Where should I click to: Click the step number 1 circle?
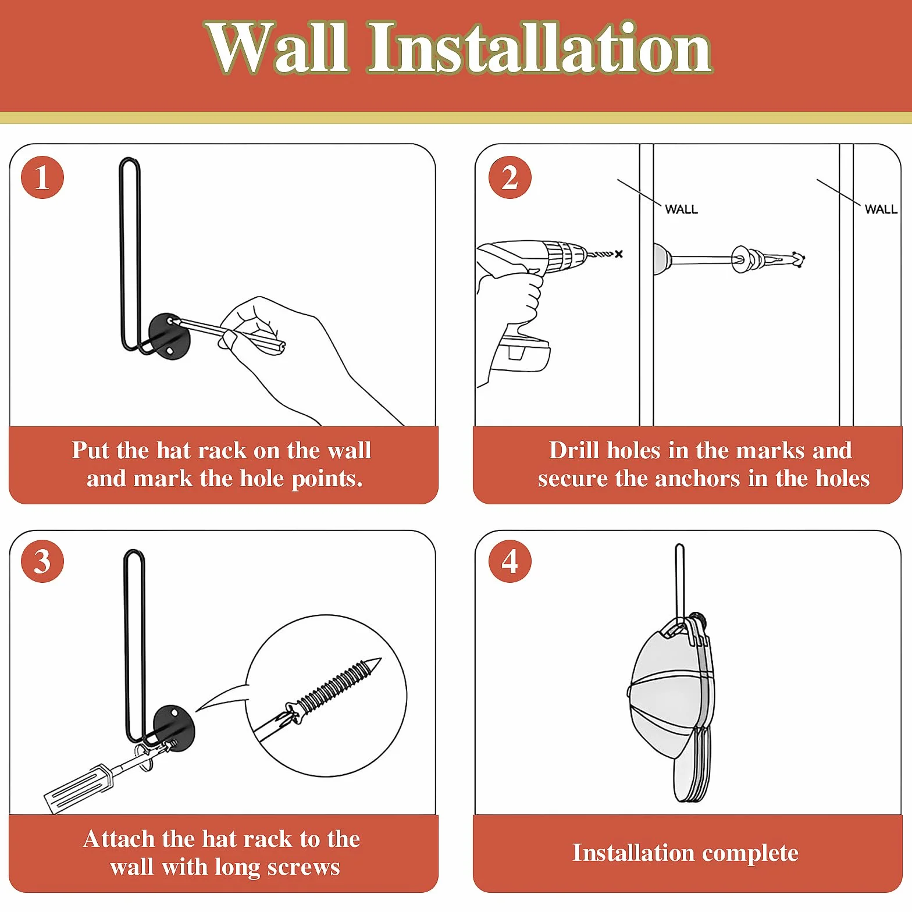(42, 177)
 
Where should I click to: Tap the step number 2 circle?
(510, 177)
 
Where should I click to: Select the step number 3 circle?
(42, 561)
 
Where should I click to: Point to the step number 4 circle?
(510, 561)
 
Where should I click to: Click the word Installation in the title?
(540, 48)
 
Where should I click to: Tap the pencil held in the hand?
(230, 334)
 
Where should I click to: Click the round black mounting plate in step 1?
(169, 337)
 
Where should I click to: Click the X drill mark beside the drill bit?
(618, 254)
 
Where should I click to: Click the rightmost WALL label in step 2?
(881, 209)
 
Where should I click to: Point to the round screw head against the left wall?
(662, 258)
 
